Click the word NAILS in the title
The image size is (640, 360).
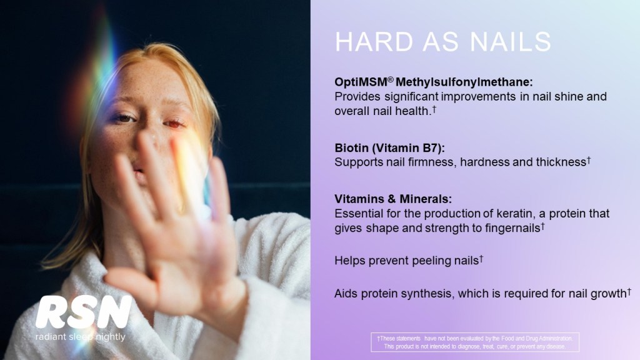pos(510,42)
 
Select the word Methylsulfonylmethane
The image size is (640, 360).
pos(464,82)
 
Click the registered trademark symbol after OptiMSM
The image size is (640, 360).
pos(391,79)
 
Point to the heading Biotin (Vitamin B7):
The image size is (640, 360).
pos(389,147)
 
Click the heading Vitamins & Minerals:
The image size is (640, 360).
pos(393,199)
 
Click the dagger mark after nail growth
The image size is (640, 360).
pos(629,291)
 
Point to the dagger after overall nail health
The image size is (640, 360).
pos(434,109)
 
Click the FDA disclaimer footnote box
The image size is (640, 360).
pos(475,342)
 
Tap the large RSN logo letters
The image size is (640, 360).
pos(84,312)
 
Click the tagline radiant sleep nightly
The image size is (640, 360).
pos(81,337)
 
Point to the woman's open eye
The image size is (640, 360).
pos(124,118)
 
